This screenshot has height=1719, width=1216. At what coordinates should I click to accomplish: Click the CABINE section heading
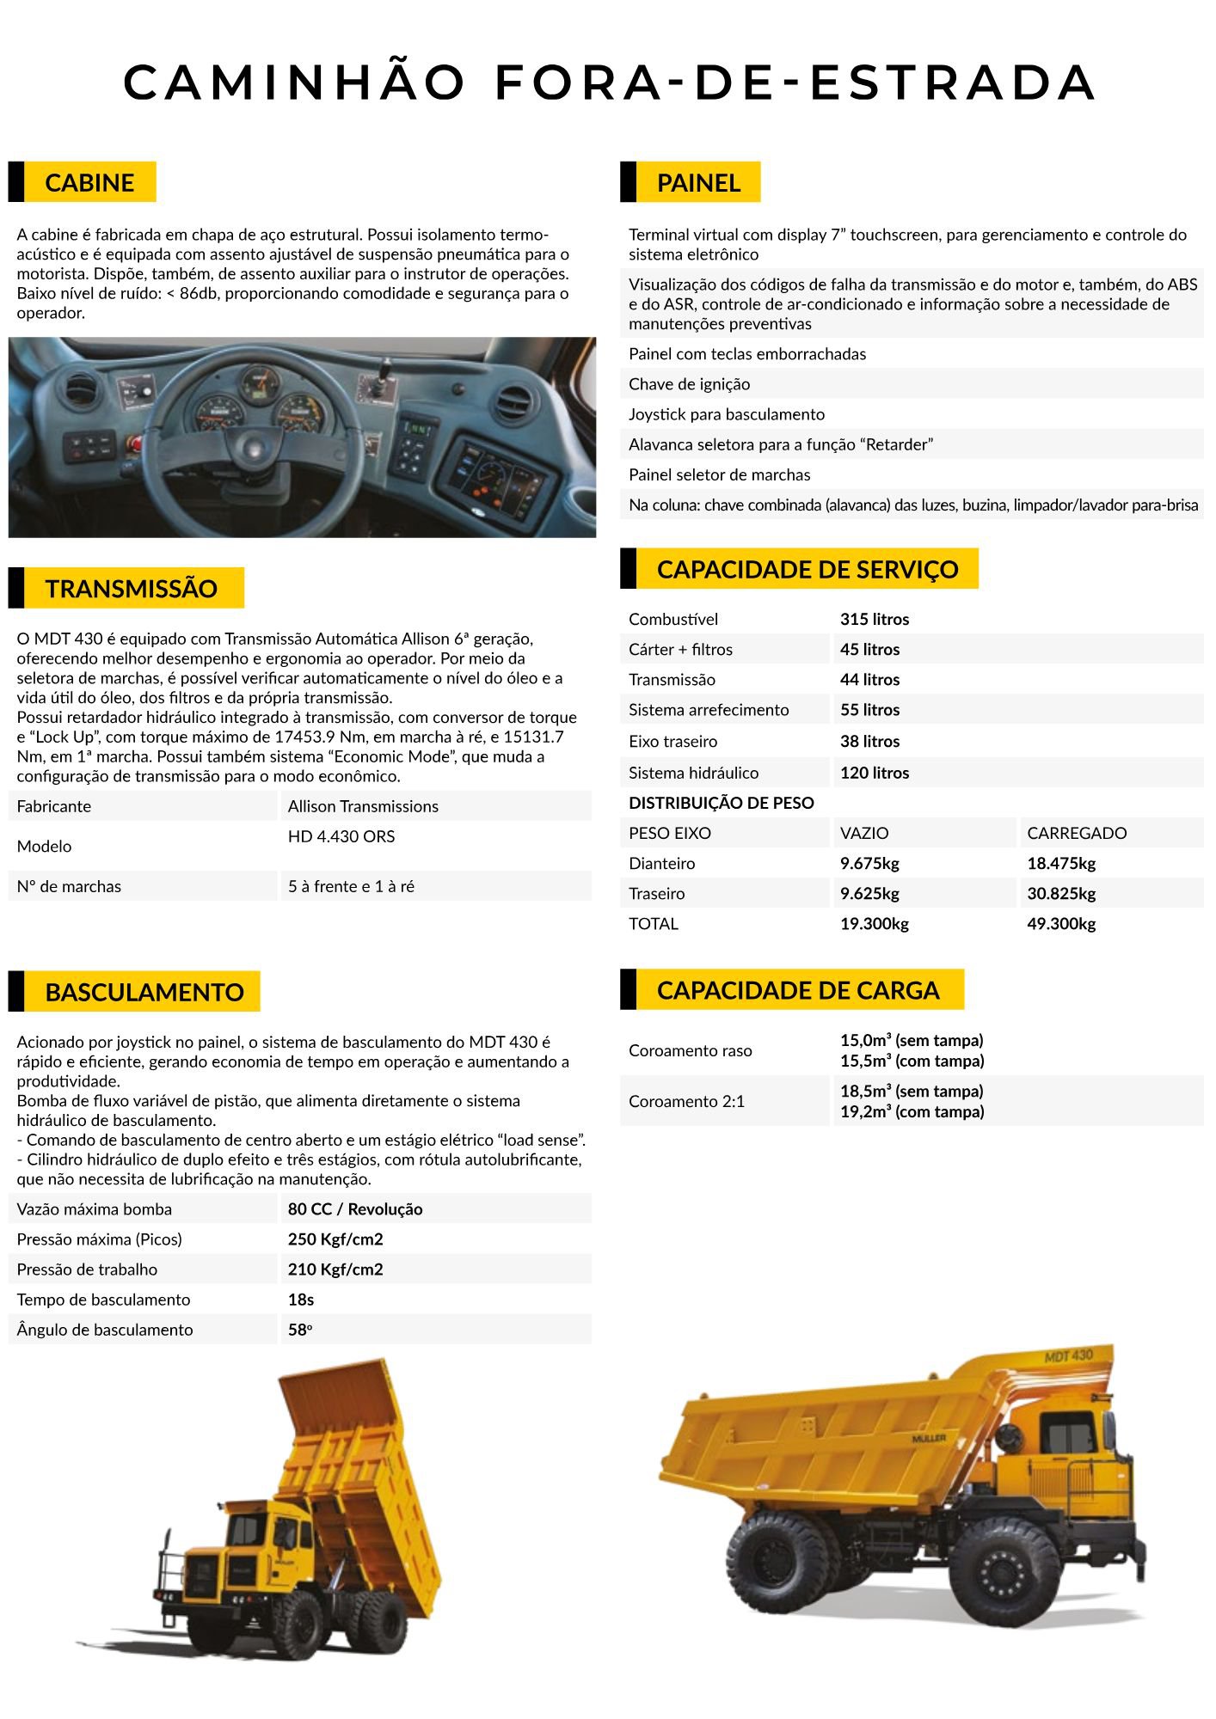89,182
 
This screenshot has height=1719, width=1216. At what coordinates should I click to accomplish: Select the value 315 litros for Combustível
874,619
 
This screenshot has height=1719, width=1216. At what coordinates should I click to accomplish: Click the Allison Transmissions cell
363,806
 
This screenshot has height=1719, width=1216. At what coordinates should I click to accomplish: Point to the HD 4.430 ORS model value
341,836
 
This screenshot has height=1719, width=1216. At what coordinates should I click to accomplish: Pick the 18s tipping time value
301,1300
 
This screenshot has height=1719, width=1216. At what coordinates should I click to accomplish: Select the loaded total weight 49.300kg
1061,924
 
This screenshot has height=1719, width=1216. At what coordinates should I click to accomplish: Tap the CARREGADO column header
1077,833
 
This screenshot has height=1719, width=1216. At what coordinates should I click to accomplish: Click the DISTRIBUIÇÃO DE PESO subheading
721,803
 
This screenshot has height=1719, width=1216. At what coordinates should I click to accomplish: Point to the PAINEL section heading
698,182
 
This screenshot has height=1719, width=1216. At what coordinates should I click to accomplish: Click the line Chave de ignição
689,384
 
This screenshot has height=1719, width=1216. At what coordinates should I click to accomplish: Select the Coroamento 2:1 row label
686,1101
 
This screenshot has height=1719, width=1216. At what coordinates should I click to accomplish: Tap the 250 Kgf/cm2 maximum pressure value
335,1239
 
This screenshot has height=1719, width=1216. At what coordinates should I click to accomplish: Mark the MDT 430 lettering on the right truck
1068,1356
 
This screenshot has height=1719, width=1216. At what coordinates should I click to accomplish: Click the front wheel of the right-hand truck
1004,1572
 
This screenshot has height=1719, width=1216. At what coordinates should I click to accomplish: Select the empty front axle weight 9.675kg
869,864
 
